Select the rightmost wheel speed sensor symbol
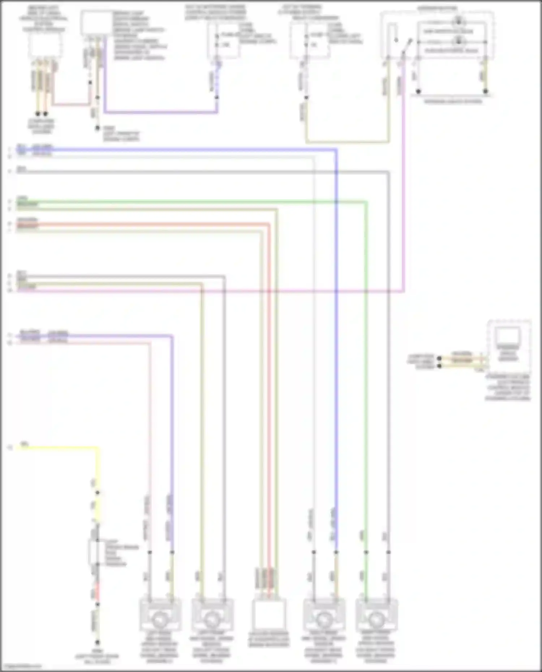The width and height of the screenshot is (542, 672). coord(376,620)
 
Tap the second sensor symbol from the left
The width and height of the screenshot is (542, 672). coord(212,620)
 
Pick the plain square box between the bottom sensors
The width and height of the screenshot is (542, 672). coord(269,614)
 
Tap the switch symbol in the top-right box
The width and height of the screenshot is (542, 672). coord(408,45)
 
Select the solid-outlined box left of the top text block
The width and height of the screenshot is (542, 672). coord(96,23)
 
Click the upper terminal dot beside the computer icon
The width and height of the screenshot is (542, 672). coord(439,359)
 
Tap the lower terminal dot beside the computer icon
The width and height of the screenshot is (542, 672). coord(439,366)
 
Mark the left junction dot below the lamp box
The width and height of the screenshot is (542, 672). coord(418,91)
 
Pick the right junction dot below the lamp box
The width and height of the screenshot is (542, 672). coord(486,91)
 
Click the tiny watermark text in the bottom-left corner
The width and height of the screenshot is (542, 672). coord(21,667)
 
